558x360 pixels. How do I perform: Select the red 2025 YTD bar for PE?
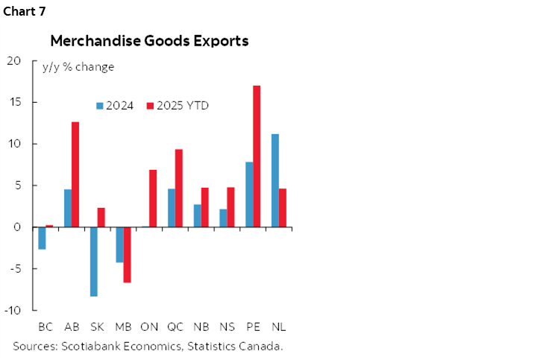pyautogui.click(x=257, y=156)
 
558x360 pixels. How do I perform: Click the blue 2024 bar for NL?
pyautogui.click(x=275, y=180)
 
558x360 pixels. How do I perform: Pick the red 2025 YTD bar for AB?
pyautogui.click(x=75, y=174)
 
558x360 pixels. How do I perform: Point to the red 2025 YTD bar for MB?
pyautogui.click(x=127, y=254)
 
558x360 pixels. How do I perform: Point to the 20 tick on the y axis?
pyautogui.click(x=15, y=60)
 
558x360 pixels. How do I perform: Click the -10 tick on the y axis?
pyautogui.click(x=13, y=310)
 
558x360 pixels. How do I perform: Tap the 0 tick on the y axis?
pyautogui.click(x=18, y=227)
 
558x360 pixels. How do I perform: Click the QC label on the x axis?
pyautogui.click(x=175, y=326)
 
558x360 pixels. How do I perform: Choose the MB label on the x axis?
pyautogui.click(x=123, y=326)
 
